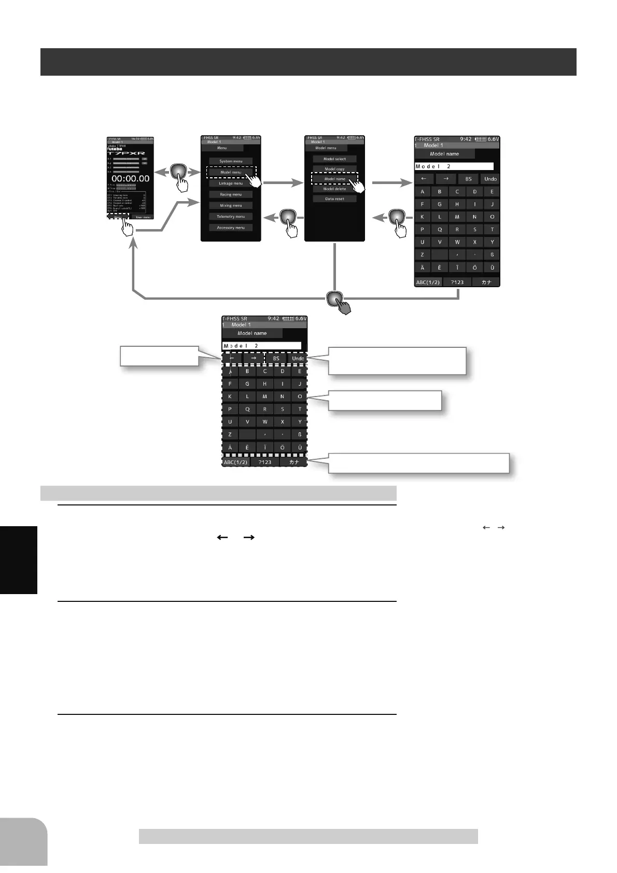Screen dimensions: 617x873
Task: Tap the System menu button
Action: click(231, 161)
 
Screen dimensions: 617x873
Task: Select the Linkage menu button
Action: click(231, 184)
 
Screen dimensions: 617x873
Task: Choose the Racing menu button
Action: click(231, 194)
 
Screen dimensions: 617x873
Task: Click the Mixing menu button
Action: click(231, 206)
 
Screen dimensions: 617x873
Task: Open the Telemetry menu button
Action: click(231, 217)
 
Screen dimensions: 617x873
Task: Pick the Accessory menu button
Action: click(231, 228)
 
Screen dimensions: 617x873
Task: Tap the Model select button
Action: click(334, 159)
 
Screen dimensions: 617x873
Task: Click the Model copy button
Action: click(334, 169)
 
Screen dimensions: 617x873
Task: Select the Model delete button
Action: click(334, 189)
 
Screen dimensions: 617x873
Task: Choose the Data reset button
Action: click(334, 199)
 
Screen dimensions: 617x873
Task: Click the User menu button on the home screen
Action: click(143, 217)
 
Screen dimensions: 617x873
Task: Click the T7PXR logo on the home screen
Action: click(126, 153)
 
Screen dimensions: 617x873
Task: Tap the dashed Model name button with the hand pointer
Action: click(334, 179)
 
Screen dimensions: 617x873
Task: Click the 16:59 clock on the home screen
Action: click(136, 139)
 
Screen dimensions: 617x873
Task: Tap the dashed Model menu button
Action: click(231, 172)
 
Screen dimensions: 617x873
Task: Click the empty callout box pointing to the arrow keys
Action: click(159, 356)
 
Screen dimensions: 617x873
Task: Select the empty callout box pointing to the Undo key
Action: click(397, 361)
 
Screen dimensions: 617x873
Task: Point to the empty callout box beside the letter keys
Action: click(385, 401)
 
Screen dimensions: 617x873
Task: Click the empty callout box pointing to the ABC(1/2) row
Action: click(418, 463)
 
